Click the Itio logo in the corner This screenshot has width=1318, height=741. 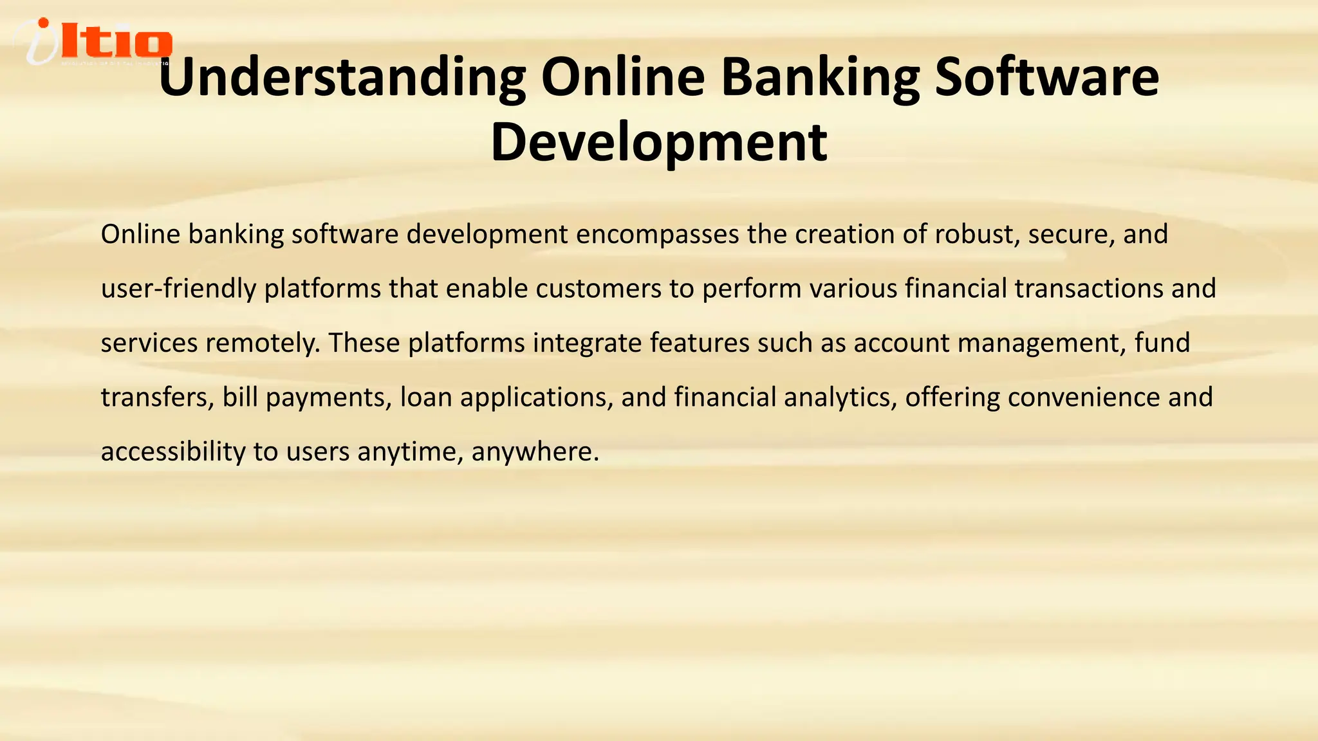[x=93, y=42]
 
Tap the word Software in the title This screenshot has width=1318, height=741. [x=1046, y=77]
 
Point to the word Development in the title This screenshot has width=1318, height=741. [x=658, y=143]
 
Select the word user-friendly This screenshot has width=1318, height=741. [x=178, y=288]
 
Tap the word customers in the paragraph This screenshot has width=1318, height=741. [x=598, y=288]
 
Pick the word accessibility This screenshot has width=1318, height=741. [x=173, y=452]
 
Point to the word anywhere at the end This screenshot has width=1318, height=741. [x=534, y=452]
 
